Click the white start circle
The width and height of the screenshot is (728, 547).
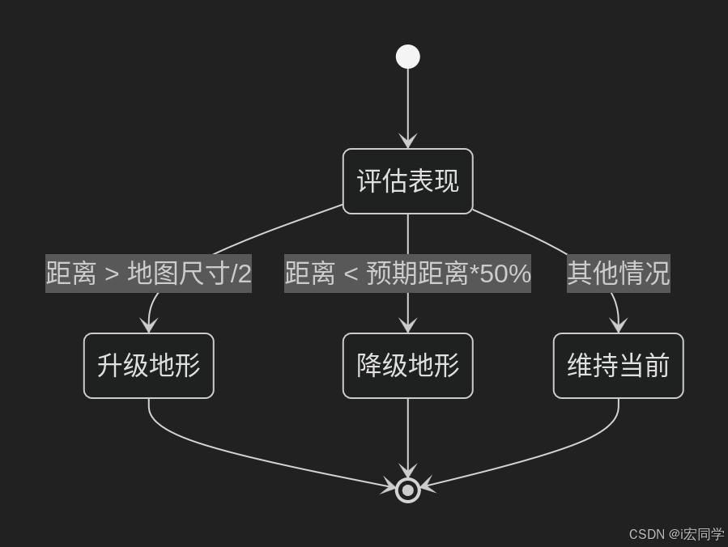[407, 57]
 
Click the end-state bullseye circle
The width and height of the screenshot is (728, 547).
[407, 490]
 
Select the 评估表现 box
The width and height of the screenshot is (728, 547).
[407, 181]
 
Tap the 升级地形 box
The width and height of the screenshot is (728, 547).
[148, 366]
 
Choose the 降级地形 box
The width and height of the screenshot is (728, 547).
[407, 366]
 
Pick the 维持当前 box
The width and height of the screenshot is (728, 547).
[618, 366]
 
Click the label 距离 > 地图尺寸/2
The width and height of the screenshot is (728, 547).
[148, 274]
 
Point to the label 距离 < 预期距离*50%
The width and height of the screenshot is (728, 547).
[407, 274]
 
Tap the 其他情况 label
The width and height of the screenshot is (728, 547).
[618, 274]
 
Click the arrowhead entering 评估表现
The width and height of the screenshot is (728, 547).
[407, 142]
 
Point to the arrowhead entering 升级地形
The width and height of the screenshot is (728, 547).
[148, 325]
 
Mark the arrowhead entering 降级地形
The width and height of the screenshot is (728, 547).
[407, 325]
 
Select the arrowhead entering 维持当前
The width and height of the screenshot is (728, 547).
[619, 325]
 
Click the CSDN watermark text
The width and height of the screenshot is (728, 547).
[676, 534]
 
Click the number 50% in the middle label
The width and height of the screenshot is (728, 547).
[505, 274]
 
